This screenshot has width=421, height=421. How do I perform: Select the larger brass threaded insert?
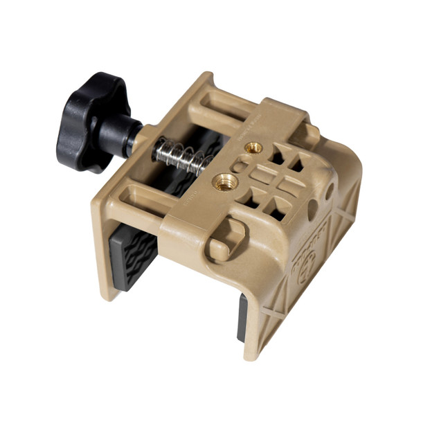click(x=226, y=181)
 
